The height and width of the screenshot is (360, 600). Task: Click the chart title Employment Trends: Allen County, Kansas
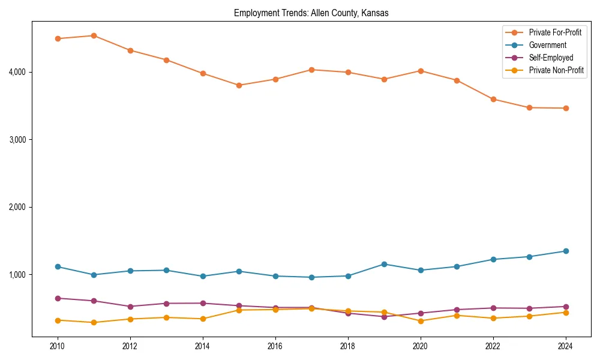311,13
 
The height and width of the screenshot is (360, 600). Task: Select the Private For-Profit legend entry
555,32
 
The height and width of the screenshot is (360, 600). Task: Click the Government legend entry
547,45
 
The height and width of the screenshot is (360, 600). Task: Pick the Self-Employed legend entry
551,58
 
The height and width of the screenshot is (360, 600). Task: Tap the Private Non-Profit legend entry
556,70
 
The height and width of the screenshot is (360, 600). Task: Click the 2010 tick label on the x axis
58,346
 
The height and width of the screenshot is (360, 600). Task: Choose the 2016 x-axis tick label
275,346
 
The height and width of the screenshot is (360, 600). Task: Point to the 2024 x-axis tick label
565,346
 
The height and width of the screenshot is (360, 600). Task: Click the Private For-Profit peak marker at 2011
94,35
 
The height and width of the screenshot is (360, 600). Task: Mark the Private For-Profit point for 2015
239,85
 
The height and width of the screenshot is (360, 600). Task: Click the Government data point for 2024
565,251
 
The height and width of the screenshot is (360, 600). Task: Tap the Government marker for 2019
384,264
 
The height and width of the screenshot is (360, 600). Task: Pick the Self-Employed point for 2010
58,298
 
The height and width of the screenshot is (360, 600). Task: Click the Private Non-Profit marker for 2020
420,321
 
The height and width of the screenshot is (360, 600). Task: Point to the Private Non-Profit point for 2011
94,322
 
